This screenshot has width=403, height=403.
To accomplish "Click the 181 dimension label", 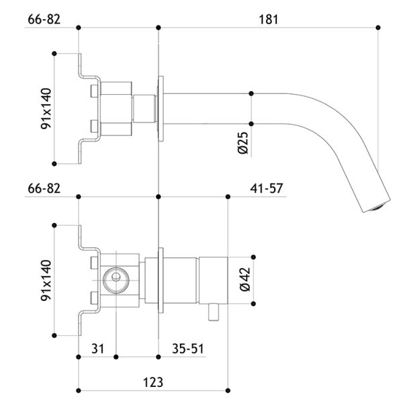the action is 268,19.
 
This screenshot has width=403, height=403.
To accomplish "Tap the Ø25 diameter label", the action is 243,143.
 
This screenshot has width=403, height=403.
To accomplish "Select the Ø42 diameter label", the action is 245,279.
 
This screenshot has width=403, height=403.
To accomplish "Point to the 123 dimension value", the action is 153,382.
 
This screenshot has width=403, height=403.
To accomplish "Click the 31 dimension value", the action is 98,349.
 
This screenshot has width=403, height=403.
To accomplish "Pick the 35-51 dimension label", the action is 188,349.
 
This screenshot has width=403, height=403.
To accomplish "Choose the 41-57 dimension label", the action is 267,188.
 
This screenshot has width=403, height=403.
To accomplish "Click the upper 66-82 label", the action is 44,19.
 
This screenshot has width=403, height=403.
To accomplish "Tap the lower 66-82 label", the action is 44,188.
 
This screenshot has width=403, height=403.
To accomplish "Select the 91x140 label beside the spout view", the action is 46,108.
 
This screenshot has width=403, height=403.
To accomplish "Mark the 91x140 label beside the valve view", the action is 46,280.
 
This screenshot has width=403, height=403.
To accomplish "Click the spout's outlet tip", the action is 377,207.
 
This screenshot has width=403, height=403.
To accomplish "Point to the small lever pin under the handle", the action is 214,312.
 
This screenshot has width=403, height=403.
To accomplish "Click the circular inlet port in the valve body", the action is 116,280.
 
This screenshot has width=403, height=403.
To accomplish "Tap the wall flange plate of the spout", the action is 161,108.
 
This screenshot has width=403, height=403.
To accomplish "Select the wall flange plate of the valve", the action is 161,280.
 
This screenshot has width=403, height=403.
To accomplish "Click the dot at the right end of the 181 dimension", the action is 378,28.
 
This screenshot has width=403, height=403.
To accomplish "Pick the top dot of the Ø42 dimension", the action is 253,257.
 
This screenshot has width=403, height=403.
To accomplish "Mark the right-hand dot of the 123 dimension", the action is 228,391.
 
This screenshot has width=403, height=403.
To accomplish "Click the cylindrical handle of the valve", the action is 214,280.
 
